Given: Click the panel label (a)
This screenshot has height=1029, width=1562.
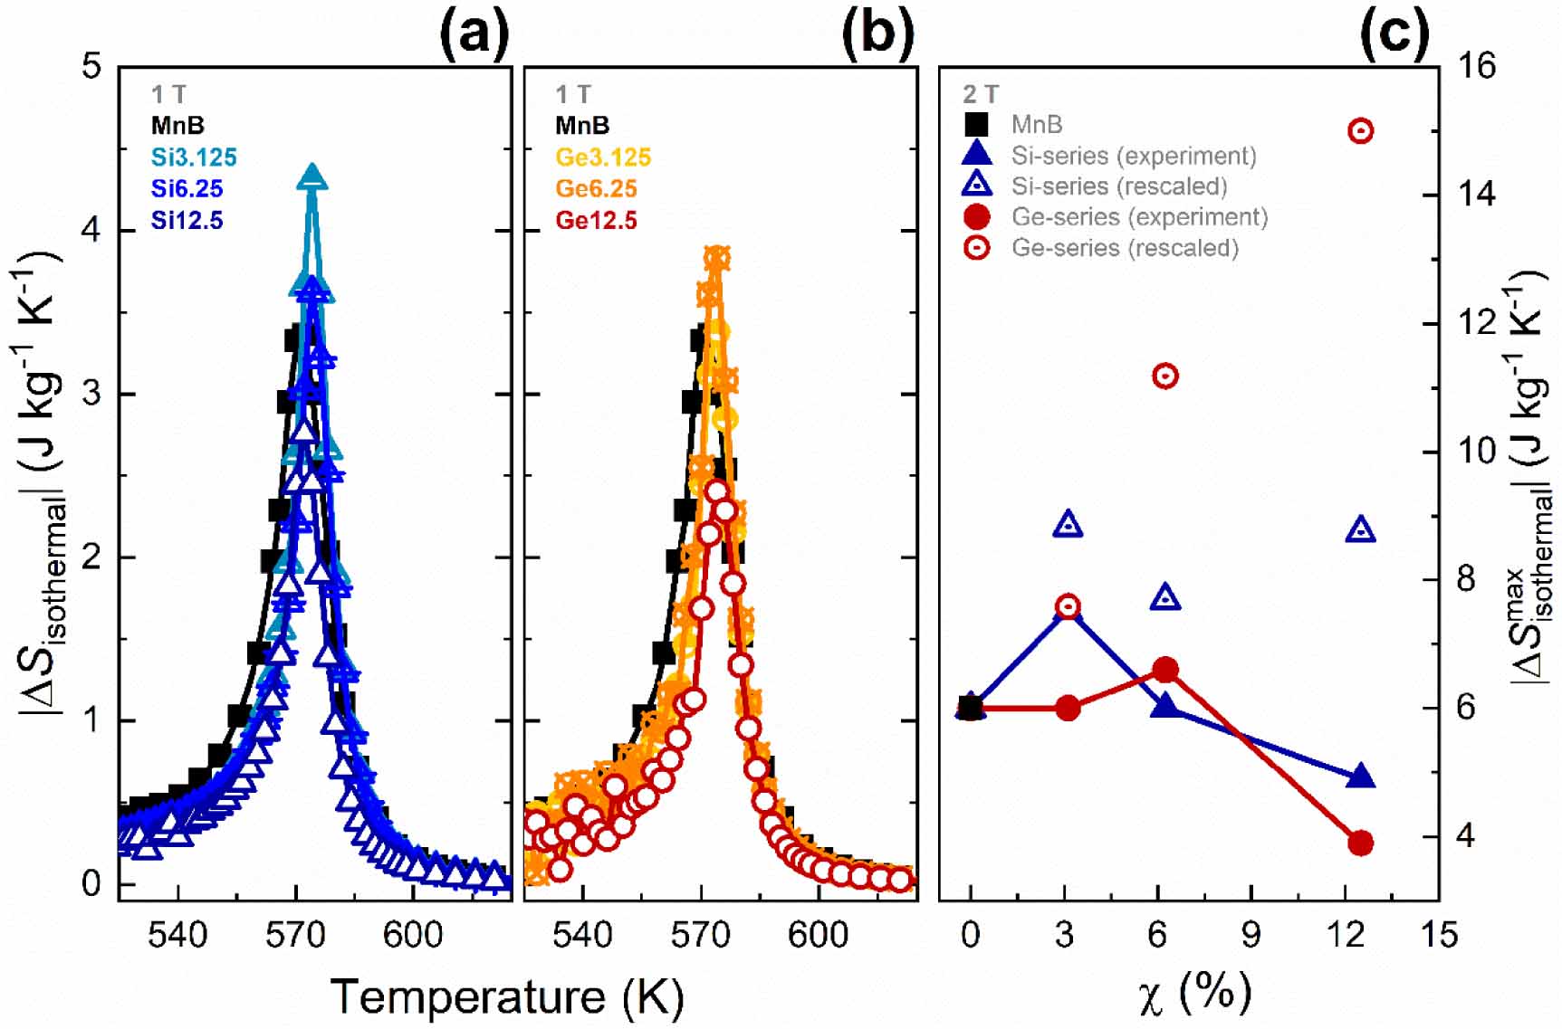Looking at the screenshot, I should pyautogui.click(x=474, y=34).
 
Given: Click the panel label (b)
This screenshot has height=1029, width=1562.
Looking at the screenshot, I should pyautogui.click(x=877, y=34).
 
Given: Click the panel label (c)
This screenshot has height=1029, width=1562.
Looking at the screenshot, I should pyautogui.click(x=1394, y=34).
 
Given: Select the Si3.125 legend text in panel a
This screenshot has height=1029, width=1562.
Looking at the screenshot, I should pyautogui.click(x=194, y=157).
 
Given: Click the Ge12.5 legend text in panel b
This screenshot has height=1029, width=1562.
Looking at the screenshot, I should pyautogui.click(x=596, y=221).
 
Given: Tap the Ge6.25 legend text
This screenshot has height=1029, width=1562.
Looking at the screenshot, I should pyautogui.click(x=596, y=189).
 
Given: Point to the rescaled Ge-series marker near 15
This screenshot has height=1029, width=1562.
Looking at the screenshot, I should pyautogui.click(x=1360, y=131).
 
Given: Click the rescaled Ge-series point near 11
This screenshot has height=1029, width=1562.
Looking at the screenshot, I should pyautogui.click(x=1165, y=376).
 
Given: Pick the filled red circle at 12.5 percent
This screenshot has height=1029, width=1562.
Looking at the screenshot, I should pyautogui.click(x=1360, y=843).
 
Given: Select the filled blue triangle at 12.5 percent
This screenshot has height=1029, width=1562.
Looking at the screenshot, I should pyautogui.click(x=1361, y=777).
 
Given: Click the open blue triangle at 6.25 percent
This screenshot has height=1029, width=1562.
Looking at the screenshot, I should pyautogui.click(x=1165, y=597).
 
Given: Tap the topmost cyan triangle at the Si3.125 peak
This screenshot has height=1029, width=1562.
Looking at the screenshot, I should pyautogui.click(x=311, y=177).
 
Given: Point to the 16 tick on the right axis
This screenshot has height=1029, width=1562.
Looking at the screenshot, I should pyautogui.click(x=1474, y=66).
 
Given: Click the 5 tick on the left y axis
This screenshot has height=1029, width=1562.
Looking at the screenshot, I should pyautogui.click(x=91, y=66).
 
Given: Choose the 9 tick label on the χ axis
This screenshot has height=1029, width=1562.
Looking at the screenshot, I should pyautogui.click(x=1251, y=934).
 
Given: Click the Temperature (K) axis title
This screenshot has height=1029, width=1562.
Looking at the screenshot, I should pyautogui.click(x=507, y=996).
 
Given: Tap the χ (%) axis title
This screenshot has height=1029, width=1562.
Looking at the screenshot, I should pyautogui.click(x=1195, y=994).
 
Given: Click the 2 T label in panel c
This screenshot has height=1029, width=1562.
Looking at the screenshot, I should pyautogui.click(x=981, y=94).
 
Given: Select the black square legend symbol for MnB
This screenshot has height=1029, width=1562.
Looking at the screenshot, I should pyautogui.click(x=976, y=124).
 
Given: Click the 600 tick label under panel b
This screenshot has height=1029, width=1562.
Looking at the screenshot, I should pyautogui.click(x=818, y=934).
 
